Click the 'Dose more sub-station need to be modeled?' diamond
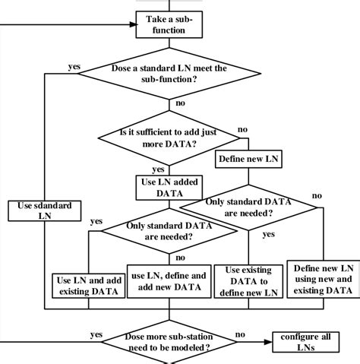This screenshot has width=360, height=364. pyautogui.click(x=171, y=342)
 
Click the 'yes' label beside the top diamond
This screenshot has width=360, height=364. pyautogui.click(x=74, y=66)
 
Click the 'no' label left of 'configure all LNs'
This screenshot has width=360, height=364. pyautogui.click(x=240, y=333)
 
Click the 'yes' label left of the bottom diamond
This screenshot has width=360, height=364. pyautogui.click(x=96, y=334)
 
